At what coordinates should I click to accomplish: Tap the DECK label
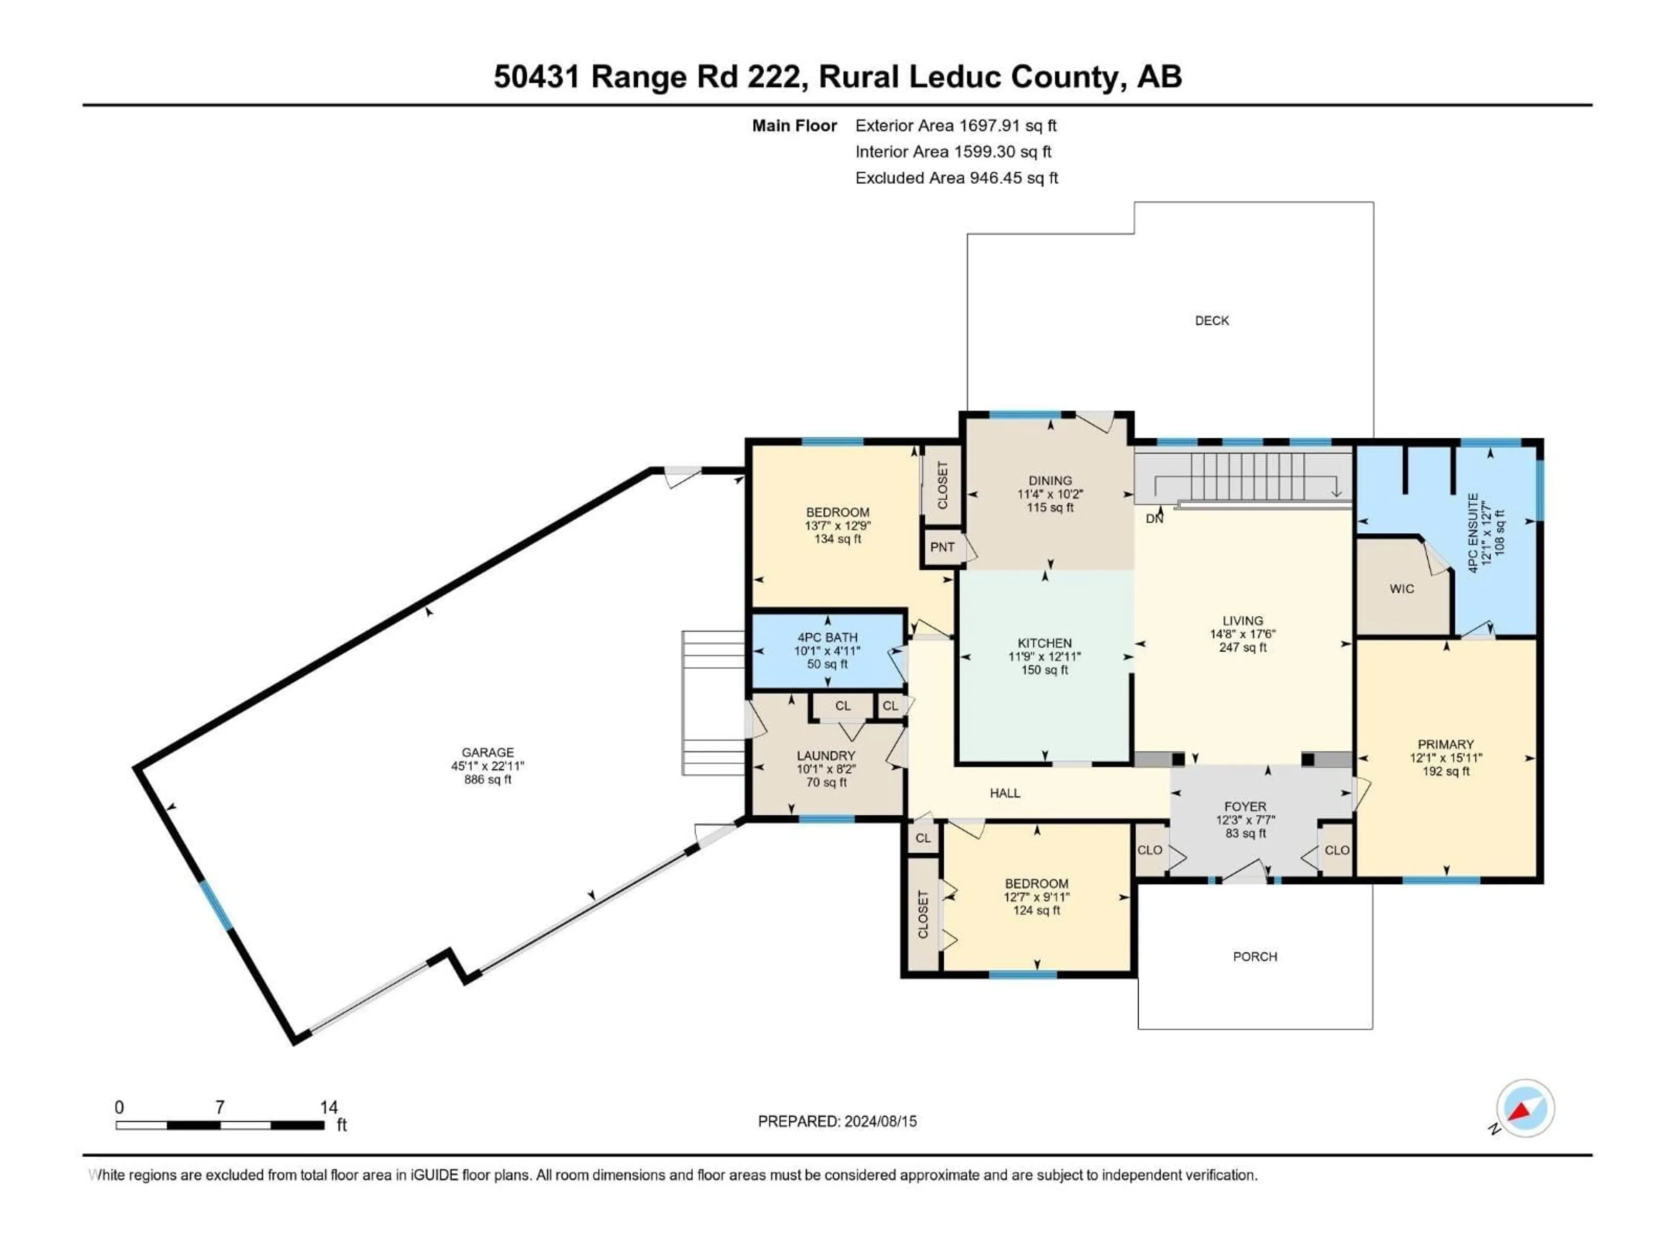pos(1212,320)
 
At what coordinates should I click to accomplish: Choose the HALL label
pos(1005,793)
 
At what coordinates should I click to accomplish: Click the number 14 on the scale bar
pos(328,1107)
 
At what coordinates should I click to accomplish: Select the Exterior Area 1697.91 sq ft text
pos(955,126)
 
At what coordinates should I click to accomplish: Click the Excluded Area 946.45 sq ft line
pos(956,178)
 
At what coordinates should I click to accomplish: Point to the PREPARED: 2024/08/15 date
pos(837,1121)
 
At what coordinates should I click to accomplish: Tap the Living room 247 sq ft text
pos(1243,648)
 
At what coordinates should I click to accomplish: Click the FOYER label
pos(1245,807)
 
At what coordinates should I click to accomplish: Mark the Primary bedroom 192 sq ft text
pos(1446,771)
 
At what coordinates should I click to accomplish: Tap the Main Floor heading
pos(794,126)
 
